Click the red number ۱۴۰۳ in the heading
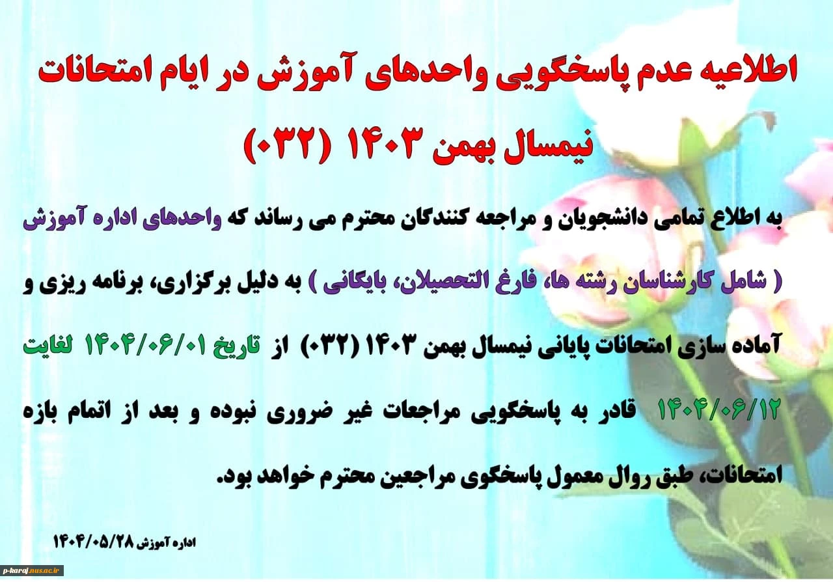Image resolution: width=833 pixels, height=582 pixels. point(386,145)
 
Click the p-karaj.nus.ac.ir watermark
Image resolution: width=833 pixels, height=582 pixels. point(32,570)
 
